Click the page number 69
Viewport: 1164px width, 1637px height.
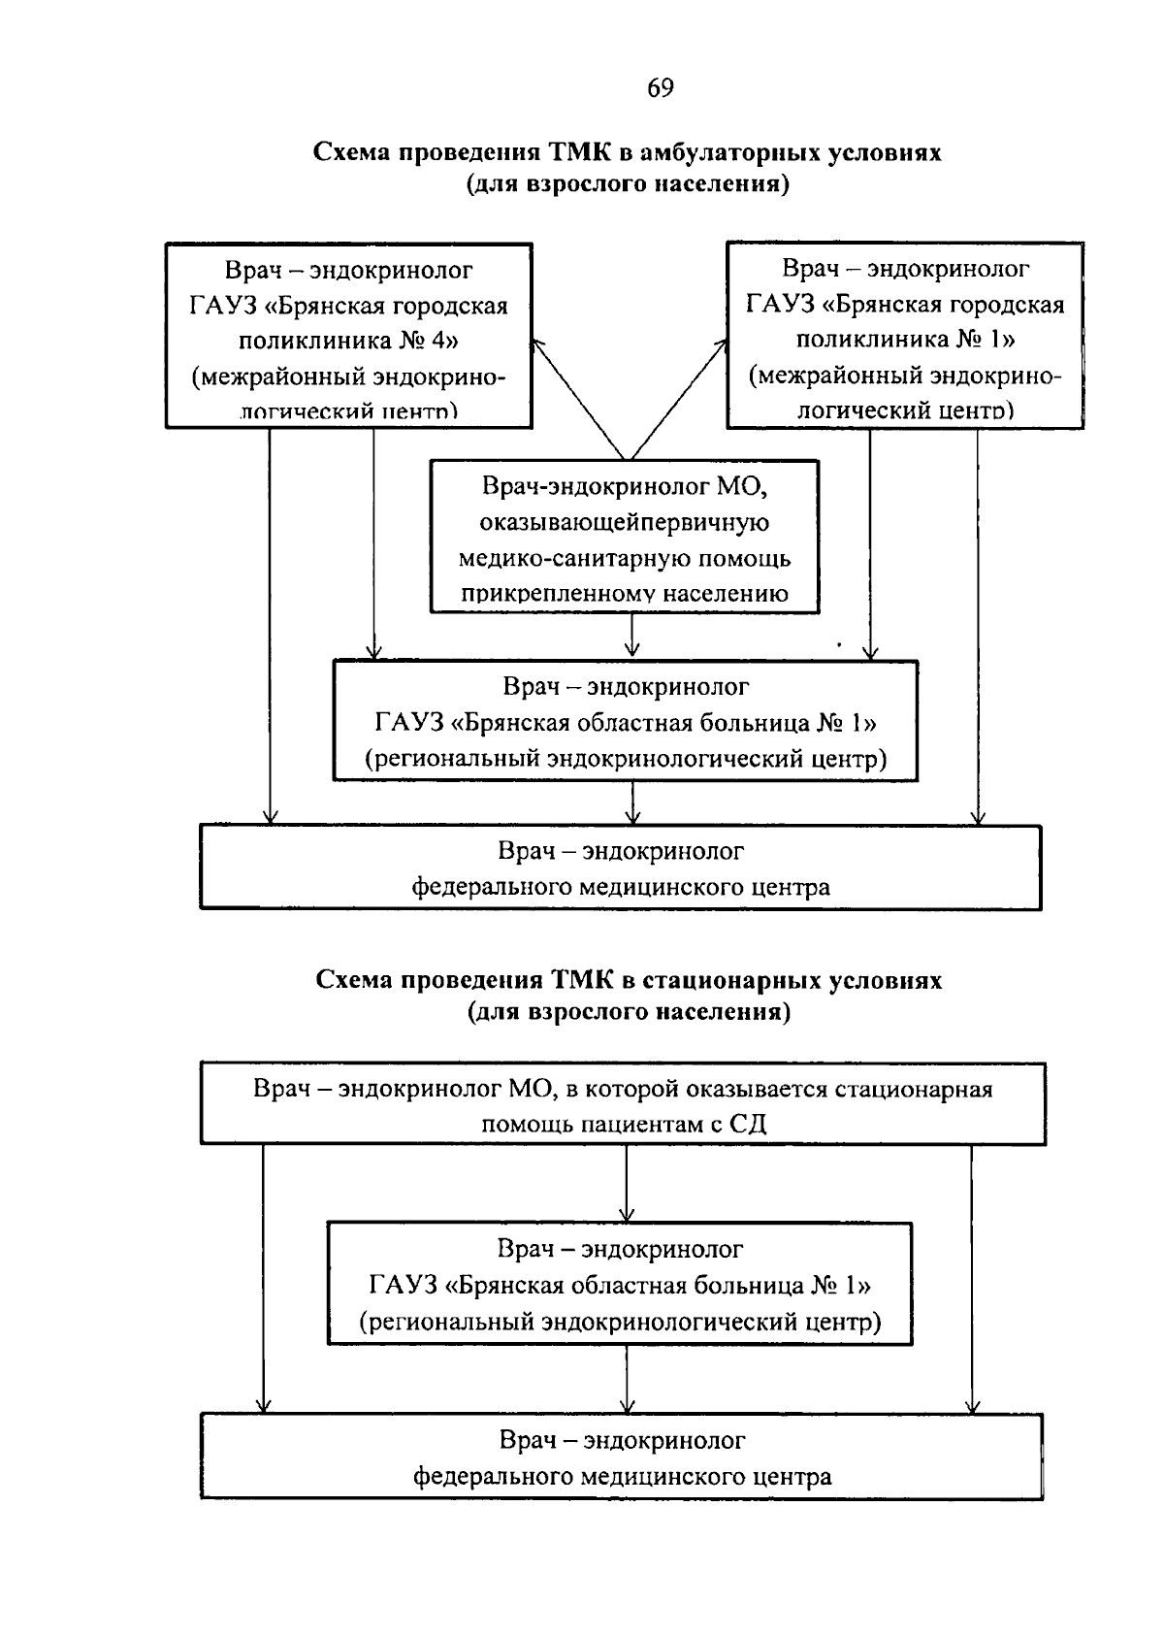pyautogui.click(x=660, y=88)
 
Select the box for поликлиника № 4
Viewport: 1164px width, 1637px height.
pyautogui.click(x=349, y=335)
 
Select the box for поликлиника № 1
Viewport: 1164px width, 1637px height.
pyautogui.click(x=905, y=335)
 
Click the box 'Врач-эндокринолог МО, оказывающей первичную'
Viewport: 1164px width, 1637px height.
pyautogui.click(x=625, y=537)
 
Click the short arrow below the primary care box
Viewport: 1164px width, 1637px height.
pyautogui.click(x=631, y=637)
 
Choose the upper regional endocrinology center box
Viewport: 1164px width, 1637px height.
pyautogui.click(x=625, y=721)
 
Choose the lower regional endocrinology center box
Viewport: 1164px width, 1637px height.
pyautogui.click(x=620, y=1283)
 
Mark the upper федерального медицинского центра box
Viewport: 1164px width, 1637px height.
pyautogui.click(x=621, y=867)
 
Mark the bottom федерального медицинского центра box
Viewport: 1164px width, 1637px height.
pyautogui.click(x=622, y=1457)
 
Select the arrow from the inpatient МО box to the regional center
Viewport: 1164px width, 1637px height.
pyautogui.click(x=627, y=1183)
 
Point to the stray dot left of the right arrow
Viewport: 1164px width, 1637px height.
pyautogui.click(x=838, y=642)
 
